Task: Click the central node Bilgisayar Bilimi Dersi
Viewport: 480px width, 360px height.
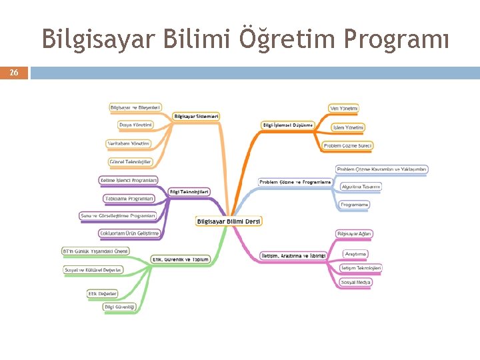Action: [229, 221]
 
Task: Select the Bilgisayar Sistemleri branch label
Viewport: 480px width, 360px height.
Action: [197, 116]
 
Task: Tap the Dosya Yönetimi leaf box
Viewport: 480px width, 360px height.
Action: [136, 125]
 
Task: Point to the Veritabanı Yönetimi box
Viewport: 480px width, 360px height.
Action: [129, 143]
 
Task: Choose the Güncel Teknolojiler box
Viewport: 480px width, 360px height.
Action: [131, 161]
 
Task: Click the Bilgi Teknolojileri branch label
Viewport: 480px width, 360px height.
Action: [190, 192]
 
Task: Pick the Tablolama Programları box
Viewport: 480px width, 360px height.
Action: [129, 198]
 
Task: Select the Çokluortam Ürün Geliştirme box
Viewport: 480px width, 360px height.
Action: [129, 233]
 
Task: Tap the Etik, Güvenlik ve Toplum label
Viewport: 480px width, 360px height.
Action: [181, 259]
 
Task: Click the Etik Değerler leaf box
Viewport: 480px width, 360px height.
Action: [103, 293]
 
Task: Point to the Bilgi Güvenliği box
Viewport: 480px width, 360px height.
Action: [120, 307]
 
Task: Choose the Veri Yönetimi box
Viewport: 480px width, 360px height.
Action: [344, 108]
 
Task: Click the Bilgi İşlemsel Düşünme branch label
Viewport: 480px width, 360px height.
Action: [287, 125]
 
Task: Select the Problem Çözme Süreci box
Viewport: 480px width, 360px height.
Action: [347, 145]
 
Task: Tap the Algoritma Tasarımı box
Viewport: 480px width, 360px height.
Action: [361, 187]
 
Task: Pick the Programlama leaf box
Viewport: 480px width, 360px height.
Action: [354, 205]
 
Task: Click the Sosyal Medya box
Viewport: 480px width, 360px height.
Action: [356, 283]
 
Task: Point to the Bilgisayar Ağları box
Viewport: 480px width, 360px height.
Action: [355, 234]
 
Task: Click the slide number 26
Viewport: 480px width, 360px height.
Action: [14, 73]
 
